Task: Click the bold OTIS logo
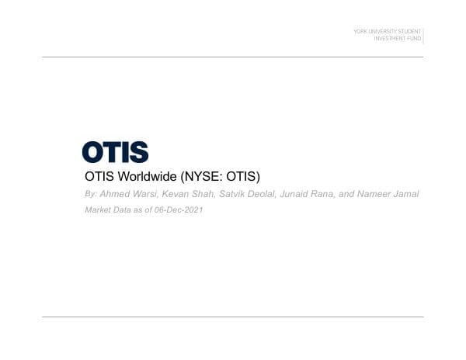click(115, 152)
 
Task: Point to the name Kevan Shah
click(181, 194)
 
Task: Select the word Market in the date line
click(98, 210)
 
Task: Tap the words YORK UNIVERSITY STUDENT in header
click(387, 31)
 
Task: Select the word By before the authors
click(90, 194)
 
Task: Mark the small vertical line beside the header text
click(423, 34)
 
